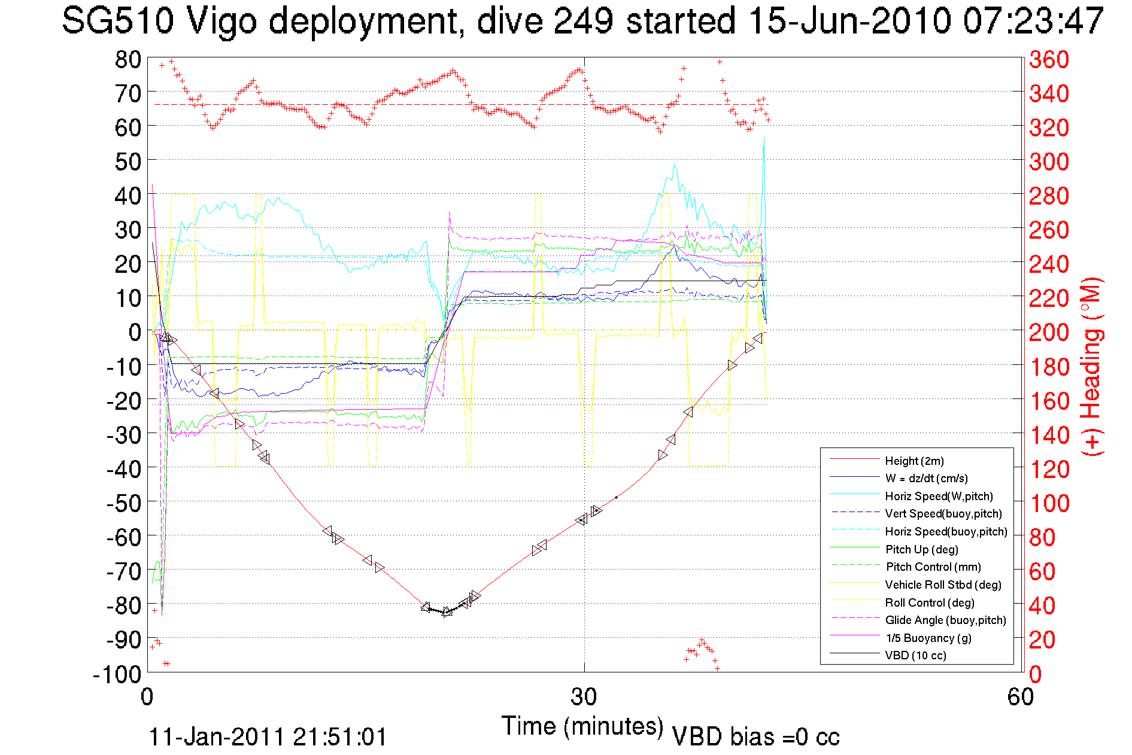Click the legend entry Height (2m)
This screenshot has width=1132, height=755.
[914, 461]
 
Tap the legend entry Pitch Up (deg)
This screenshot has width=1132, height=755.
[921, 549]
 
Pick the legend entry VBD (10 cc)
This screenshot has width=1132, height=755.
[915, 655]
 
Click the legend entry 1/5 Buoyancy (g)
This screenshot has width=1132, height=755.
[928, 638]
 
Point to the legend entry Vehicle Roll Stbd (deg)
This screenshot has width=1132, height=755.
[943, 584]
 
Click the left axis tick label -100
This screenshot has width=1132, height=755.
[117, 674]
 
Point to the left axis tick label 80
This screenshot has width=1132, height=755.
[128, 59]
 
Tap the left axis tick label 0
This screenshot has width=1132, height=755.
[135, 332]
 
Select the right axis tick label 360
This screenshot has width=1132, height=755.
[1049, 59]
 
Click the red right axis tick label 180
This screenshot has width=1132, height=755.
[1049, 367]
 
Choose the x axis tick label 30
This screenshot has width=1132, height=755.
[584, 697]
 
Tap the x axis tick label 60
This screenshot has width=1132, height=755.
[1020, 697]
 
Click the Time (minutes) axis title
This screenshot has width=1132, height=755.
[582, 726]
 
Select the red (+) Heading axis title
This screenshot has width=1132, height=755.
[1091, 366]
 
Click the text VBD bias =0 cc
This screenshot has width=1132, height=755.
[755, 736]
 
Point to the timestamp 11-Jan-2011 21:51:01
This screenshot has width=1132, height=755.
[268, 736]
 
